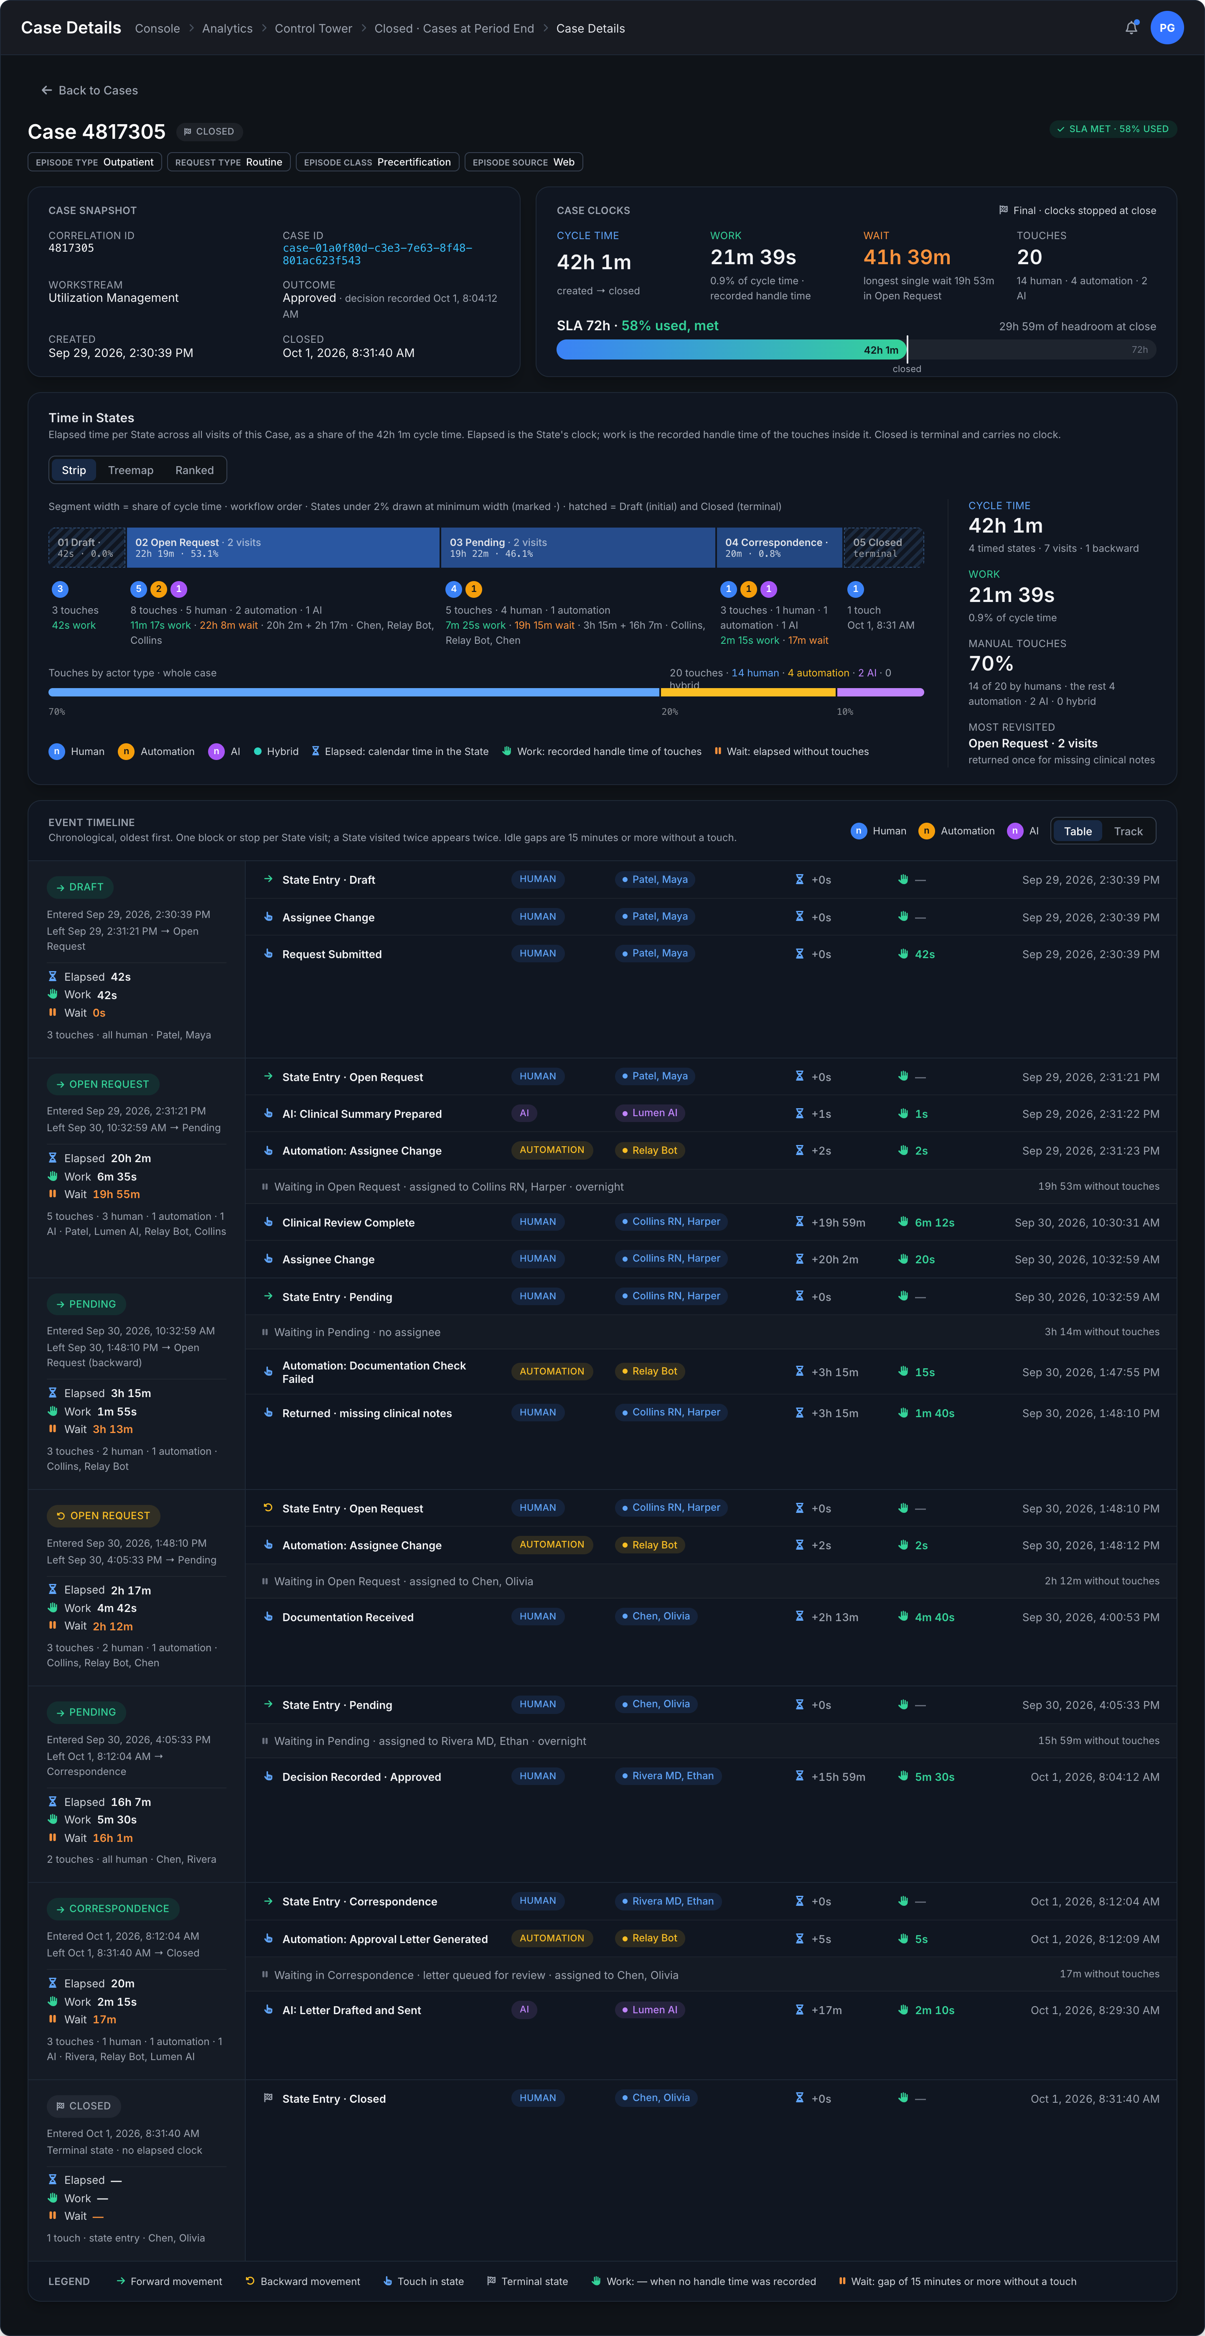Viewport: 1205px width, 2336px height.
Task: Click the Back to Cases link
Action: click(89, 91)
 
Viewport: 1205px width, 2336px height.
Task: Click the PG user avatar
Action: click(1167, 28)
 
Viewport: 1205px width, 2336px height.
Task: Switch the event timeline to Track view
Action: click(1128, 831)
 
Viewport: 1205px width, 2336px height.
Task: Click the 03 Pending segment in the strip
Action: click(577, 548)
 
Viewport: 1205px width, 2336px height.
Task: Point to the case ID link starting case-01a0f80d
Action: click(377, 254)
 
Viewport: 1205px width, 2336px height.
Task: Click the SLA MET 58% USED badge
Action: click(1113, 129)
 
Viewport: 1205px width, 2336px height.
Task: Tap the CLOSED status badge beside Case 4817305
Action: click(209, 132)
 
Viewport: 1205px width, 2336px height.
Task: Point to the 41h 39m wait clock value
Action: click(907, 258)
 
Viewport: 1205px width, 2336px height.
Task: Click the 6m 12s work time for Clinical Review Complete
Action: click(934, 1222)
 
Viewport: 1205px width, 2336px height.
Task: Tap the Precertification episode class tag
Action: click(377, 162)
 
